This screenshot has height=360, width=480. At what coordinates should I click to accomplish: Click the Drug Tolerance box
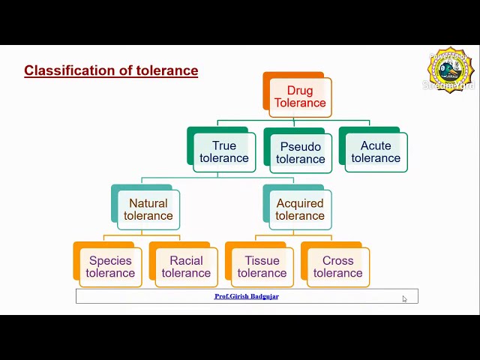299,97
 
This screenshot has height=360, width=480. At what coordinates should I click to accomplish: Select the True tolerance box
223,151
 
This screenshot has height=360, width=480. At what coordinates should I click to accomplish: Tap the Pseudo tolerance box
300,152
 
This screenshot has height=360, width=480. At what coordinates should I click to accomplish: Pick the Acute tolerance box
376,151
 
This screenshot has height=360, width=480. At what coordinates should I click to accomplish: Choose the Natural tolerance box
148,209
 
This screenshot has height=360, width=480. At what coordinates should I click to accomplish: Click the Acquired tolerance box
299,209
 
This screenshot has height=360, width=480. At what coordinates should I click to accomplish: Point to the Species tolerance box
109,266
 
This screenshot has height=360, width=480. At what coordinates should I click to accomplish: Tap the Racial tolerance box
185,266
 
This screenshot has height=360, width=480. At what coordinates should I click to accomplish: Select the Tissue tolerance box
262,266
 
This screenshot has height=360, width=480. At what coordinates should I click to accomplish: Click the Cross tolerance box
337,266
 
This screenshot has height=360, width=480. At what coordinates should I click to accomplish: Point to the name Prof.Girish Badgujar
247,296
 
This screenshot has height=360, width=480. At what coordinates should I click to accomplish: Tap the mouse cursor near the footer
404,298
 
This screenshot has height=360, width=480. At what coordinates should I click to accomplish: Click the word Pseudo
300,146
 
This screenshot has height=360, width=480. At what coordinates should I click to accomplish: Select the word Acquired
300,203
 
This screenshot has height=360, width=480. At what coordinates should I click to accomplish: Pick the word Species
110,260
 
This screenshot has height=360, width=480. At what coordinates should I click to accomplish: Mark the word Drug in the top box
300,91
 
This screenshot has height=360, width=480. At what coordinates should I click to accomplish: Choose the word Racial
186,260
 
